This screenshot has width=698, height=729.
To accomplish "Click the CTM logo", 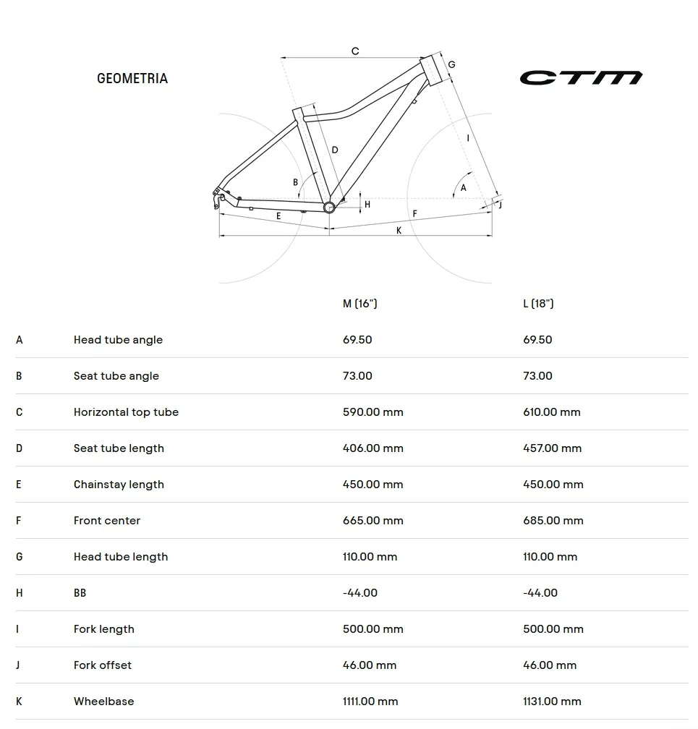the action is coord(581,77).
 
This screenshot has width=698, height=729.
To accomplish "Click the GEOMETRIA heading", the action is coord(132,79).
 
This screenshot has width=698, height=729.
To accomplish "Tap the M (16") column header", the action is coord(360,304).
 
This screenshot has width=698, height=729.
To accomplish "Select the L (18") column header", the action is coord(538,304).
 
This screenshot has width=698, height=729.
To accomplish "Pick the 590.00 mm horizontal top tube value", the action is coord(373,412).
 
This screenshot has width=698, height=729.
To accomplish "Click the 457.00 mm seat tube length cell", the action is coord(553,448).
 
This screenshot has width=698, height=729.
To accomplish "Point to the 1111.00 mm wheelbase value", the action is coord(370,701).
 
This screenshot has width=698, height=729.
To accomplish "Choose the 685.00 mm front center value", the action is coord(553,521).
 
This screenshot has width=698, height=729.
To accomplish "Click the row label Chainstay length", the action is coord(119,485).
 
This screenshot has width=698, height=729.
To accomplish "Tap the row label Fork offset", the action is coord(102,665).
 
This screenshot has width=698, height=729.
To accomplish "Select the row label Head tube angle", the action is coord(118,340).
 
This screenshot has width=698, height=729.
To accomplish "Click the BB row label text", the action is coord(80,593).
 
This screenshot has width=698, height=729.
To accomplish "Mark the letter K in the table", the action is coord(19,701).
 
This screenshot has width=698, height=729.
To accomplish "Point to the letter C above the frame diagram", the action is coord(355,51).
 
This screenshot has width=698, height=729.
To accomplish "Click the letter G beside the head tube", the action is coord(451,64).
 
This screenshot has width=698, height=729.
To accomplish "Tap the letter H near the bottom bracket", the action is coord(367,205).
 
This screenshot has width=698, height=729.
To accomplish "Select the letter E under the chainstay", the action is coord(278,216).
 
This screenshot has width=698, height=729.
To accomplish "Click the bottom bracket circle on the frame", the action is coord(329,207).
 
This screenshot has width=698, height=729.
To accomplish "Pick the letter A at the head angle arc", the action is coord(463,188).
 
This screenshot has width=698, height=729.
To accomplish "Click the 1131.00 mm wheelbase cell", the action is coord(552,701).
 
